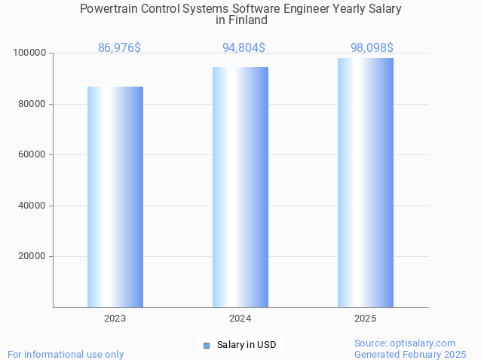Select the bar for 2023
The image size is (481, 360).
point(115,197)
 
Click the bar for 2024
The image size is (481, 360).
point(240,187)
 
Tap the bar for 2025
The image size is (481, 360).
point(366,182)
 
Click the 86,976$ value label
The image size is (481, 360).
point(119,48)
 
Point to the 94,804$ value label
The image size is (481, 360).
point(244,48)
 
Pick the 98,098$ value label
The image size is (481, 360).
point(372,48)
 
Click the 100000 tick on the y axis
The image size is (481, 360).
point(29,53)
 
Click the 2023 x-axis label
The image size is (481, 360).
point(115,319)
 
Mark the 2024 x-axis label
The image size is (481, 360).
point(240,319)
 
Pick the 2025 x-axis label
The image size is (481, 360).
point(366,319)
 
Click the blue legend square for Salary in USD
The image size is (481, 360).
point(207,346)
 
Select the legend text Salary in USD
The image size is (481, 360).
point(247,346)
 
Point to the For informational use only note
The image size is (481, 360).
point(66,354)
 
